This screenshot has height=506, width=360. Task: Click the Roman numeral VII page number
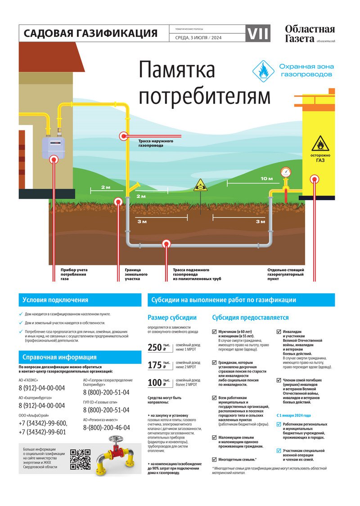point(258,33)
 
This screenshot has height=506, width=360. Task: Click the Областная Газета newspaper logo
point(310,34)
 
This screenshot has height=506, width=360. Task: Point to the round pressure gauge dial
point(286,172)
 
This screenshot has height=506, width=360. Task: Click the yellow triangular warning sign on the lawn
point(200,185)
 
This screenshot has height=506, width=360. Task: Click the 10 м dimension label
point(266,179)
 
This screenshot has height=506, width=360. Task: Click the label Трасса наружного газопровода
point(156,143)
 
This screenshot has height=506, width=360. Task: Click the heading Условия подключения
point(55,300)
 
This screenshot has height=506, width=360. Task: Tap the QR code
point(81,459)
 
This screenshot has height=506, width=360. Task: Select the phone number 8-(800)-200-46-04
point(107,428)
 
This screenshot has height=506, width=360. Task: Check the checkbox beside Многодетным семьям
point(214,459)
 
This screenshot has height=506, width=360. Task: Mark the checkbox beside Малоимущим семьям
point(214,437)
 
